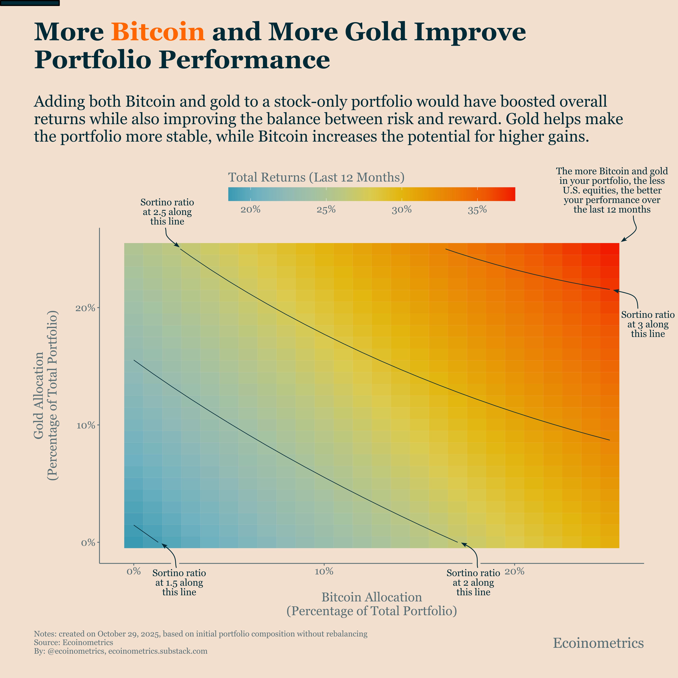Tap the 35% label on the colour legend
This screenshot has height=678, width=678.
[x=477, y=210]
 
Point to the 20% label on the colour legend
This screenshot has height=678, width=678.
[x=250, y=210]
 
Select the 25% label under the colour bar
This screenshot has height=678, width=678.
[x=326, y=210]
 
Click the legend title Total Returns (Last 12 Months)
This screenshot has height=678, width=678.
[x=316, y=177]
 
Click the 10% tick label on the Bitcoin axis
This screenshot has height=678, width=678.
[x=324, y=572]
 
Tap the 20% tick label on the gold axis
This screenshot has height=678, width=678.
[x=86, y=308]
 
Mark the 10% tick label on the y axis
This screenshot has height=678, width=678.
[x=86, y=426]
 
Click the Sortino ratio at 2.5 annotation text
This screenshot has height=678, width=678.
[x=167, y=212]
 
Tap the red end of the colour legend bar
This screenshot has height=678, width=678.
[x=511, y=194]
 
